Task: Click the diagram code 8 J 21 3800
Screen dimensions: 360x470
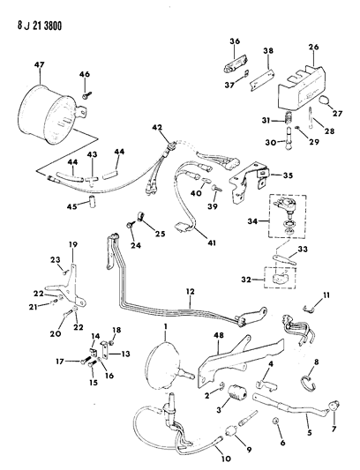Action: [x=40, y=26]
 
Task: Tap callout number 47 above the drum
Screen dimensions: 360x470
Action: [x=40, y=64]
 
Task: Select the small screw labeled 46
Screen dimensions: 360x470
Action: [x=86, y=95]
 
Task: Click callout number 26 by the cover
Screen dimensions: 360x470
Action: [x=313, y=47]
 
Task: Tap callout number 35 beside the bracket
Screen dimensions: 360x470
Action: [x=288, y=175]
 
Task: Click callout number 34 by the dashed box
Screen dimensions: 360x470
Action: [x=253, y=221]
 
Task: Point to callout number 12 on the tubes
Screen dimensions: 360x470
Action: [x=190, y=291]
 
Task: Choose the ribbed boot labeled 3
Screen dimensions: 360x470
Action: [x=237, y=393]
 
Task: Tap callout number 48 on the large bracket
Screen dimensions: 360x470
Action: [x=219, y=335]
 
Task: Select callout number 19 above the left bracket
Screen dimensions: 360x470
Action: [x=73, y=244]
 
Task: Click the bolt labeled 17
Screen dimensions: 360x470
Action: [x=87, y=360]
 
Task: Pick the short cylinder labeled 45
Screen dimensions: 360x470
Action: [x=92, y=200]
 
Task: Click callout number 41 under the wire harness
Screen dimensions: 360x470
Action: [x=211, y=242]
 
